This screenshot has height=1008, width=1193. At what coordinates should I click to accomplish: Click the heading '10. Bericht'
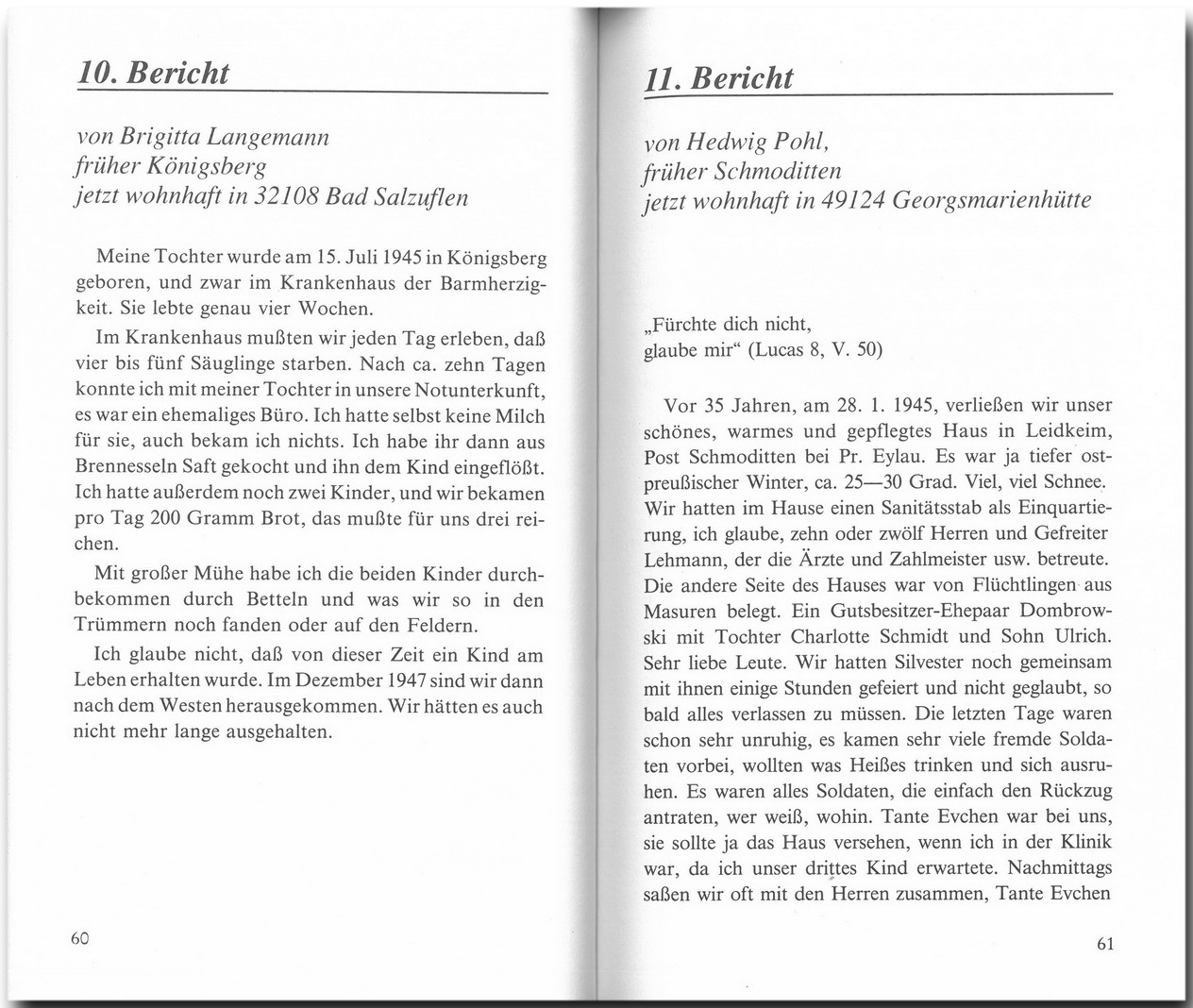[154, 74]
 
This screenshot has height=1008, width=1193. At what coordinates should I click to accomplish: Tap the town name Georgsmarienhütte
[1017, 201]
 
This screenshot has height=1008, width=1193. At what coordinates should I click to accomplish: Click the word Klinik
[1084, 842]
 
